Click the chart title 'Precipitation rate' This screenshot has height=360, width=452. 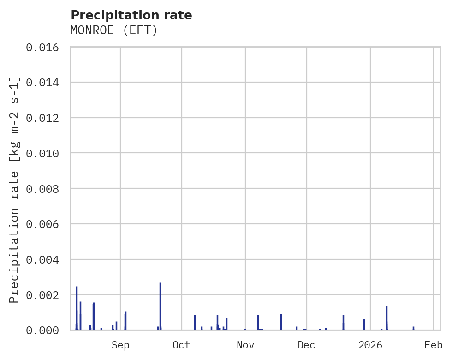[131, 15]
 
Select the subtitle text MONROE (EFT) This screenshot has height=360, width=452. [114, 30]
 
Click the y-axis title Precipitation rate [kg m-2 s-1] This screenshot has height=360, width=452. [15, 189]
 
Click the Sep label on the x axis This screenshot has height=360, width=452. [120, 345]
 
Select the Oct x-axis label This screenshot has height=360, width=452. [182, 345]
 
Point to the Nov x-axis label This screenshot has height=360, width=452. [245, 345]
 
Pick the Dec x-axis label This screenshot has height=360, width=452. [307, 345]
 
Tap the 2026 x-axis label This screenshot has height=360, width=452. [370, 345]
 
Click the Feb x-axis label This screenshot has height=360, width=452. [434, 345]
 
